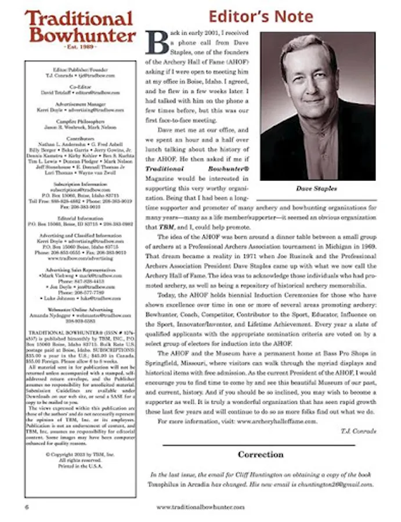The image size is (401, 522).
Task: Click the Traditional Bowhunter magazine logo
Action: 80,27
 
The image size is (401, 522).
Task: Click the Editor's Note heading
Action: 261,15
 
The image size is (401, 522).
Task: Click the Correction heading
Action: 261,454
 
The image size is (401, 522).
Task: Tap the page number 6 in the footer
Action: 27,506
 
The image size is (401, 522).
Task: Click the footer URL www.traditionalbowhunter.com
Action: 200,506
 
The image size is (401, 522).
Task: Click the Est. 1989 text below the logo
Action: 81,46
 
